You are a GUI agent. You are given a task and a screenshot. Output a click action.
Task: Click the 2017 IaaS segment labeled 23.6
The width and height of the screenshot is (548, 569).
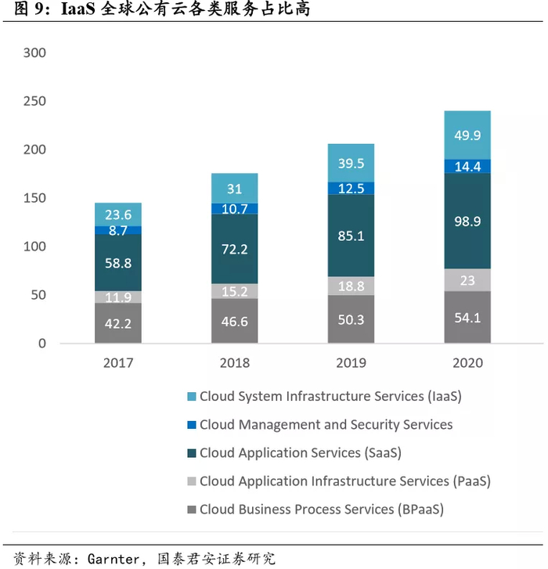coord(118,214)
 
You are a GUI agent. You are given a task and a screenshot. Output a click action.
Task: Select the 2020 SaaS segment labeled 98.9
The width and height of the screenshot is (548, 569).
coord(467,221)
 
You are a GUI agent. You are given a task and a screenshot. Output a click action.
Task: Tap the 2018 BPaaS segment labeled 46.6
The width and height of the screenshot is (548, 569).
coord(235,321)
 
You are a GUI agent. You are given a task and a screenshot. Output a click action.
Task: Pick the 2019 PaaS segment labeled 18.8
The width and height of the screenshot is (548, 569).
coord(352,286)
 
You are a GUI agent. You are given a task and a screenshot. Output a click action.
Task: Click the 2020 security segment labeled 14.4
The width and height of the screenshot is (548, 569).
coord(467,166)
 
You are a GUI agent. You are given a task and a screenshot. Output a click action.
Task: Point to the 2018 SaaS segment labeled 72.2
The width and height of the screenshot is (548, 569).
coord(235,249)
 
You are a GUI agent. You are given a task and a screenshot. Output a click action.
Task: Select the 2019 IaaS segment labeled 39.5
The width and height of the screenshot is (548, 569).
coord(352,163)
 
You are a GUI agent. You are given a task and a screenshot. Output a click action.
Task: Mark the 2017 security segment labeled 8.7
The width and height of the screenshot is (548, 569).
coord(118,231)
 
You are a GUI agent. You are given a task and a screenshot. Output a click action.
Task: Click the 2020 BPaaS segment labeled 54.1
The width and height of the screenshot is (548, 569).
coord(467,318)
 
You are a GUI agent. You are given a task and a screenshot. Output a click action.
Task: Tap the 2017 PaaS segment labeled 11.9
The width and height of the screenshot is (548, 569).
coord(118,297)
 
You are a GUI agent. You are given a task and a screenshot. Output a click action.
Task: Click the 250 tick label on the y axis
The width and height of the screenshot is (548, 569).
coord(35,102)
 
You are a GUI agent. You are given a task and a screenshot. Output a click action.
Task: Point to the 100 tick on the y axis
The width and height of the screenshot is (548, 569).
coord(35,247)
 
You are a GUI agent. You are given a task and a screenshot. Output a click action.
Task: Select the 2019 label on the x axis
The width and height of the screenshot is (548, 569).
coord(352,363)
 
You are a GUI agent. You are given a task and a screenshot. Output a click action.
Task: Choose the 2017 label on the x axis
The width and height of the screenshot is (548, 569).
coord(118,363)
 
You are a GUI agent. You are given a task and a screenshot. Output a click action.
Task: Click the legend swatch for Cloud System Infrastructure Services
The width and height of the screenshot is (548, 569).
coord(191,397)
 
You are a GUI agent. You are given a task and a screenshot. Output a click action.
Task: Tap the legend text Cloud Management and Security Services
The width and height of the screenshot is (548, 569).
coord(326,425)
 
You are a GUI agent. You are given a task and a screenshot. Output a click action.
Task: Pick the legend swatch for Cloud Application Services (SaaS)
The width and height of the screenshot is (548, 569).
coord(191,453)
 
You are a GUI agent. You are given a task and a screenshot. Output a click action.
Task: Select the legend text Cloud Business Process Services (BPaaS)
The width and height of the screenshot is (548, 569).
coord(321,510)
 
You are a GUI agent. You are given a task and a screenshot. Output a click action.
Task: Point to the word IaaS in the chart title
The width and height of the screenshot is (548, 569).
coord(79,12)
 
